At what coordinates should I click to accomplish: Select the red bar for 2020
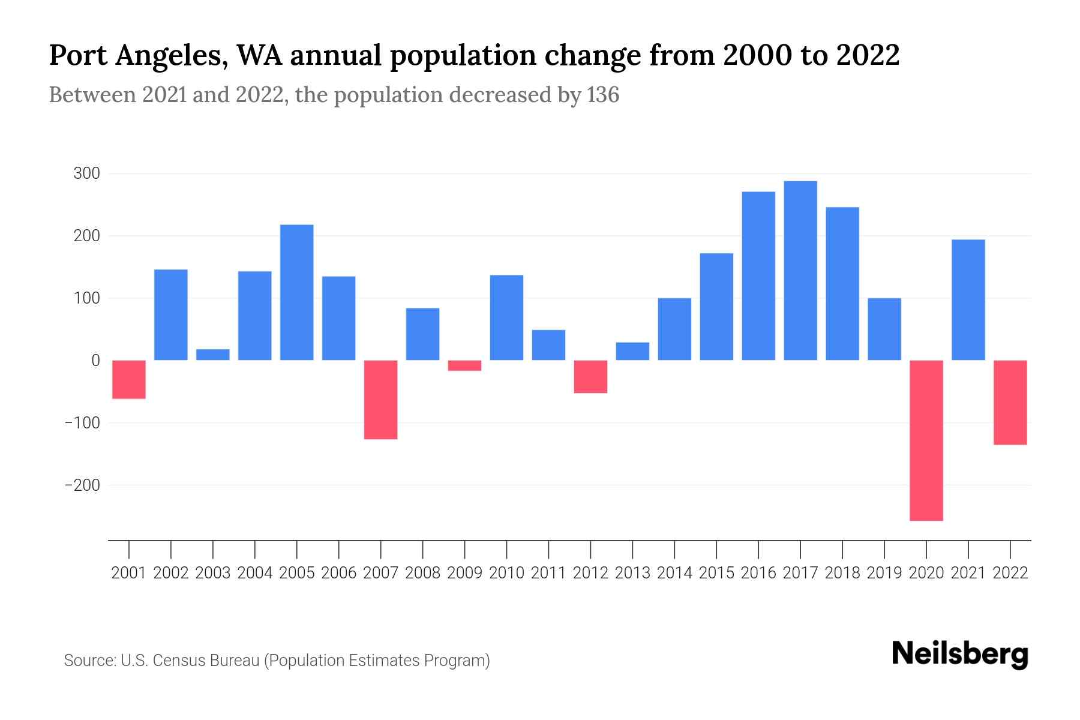point(926,440)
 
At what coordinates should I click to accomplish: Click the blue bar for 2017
point(800,271)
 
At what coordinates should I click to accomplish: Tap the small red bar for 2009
point(465,365)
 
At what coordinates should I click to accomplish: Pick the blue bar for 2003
point(213,355)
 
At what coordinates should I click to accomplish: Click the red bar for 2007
point(381,400)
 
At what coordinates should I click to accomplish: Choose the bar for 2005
point(297,292)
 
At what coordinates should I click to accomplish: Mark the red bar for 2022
point(1010,402)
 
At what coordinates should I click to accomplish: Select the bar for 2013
point(632,351)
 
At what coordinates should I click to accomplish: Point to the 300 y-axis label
point(86,174)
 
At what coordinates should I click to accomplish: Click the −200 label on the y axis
point(82,485)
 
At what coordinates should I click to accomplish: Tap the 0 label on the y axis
point(95,361)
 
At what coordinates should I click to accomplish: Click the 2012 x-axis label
point(590,573)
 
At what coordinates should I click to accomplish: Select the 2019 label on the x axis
point(884,573)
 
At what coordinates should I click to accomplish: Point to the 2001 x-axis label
point(129,573)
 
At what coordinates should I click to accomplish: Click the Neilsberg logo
point(960,654)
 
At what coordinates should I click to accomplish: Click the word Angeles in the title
point(170,55)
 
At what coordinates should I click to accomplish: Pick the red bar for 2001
point(129,379)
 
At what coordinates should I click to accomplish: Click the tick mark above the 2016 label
point(758,549)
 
